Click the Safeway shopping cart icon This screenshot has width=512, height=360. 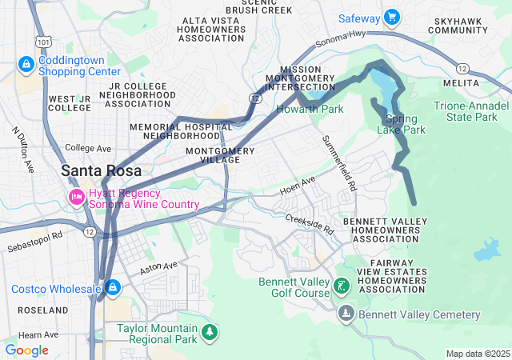(391, 17)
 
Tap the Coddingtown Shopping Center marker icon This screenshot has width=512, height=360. (26, 63)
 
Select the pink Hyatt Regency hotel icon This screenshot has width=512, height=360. (77, 197)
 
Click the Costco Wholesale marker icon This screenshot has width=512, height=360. (114, 287)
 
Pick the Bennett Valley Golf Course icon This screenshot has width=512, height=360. (342, 286)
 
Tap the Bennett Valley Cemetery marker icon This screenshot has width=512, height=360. (346, 313)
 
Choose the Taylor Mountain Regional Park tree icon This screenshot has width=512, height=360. (210, 331)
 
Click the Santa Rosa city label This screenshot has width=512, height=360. (102, 170)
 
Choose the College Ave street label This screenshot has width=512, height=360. (88, 148)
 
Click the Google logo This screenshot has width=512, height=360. (26, 350)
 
